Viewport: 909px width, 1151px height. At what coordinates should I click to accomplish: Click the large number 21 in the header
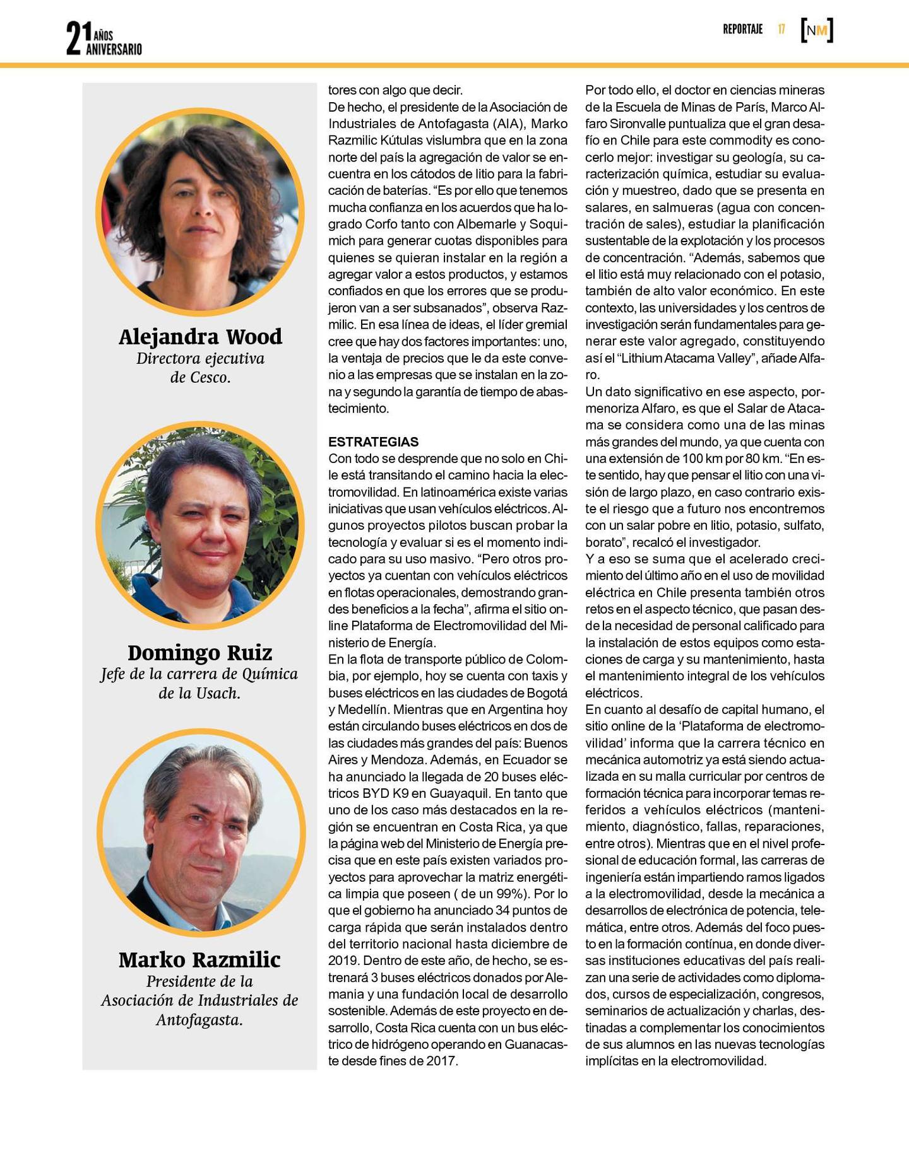tap(74, 38)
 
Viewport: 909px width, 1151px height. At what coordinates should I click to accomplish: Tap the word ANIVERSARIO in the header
tap(114, 49)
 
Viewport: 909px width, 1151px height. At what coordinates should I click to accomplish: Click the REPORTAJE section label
tap(742, 29)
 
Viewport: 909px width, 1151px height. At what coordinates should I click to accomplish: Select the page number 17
tap(781, 29)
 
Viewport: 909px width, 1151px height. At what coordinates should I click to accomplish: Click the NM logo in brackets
tap(817, 30)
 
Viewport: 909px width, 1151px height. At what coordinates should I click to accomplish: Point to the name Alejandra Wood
tap(200, 337)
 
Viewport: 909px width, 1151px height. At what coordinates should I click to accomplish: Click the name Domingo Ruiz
tap(200, 652)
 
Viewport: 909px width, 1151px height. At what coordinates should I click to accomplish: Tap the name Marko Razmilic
tap(199, 959)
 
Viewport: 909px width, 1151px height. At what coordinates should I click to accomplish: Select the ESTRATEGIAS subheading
tap(374, 441)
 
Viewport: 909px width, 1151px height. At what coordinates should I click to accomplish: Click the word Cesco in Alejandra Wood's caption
tap(210, 377)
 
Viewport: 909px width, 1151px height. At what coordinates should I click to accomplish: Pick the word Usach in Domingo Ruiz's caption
tap(217, 693)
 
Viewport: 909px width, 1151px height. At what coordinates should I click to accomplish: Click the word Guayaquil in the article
tap(458, 793)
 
